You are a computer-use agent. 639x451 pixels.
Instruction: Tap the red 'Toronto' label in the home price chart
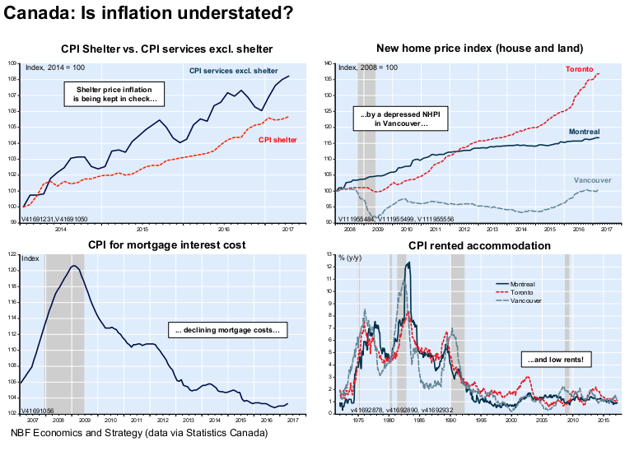pos(581,69)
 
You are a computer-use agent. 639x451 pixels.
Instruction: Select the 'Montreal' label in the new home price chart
pos(584,132)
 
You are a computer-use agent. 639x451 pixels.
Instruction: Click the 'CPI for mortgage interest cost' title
pos(166,245)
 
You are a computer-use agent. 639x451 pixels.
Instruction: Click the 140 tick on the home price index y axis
pos(329,63)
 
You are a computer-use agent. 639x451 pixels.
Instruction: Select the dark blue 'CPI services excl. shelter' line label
pos(233,71)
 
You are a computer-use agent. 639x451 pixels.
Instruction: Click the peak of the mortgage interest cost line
pos(74,266)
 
